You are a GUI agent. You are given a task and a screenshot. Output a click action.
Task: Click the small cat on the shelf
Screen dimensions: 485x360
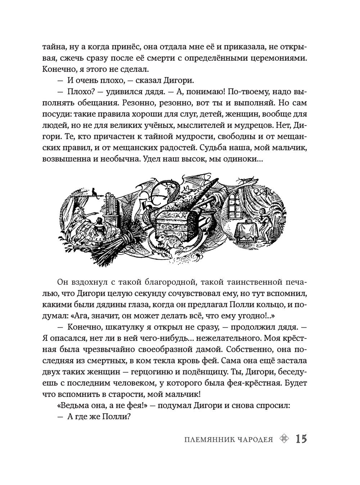click(94, 192)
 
